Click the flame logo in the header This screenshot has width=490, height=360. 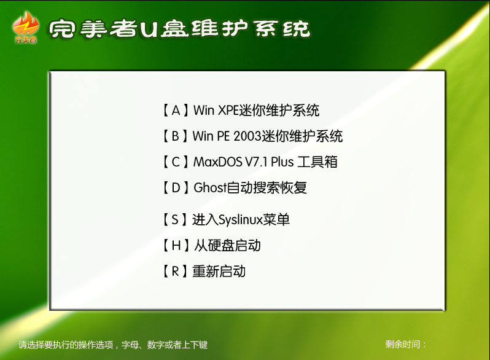tap(26, 27)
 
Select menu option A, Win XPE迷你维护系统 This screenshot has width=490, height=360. tap(240, 111)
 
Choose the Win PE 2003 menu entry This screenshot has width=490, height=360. tap(252, 136)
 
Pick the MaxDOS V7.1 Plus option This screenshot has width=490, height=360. tap(249, 162)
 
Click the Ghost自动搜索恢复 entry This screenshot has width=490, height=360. tap(234, 187)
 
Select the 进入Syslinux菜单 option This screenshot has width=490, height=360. tap(225, 219)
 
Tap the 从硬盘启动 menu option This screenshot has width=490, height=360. tap(211, 246)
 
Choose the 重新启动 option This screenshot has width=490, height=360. tap(203, 271)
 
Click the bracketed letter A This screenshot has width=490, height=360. tap(176, 111)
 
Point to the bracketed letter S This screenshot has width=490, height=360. tap(175, 219)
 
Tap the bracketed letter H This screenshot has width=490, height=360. tap(176, 246)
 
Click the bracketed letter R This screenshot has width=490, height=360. tap(176, 271)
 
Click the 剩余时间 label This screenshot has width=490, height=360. tap(406, 345)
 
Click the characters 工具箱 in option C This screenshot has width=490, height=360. tap(317, 162)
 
